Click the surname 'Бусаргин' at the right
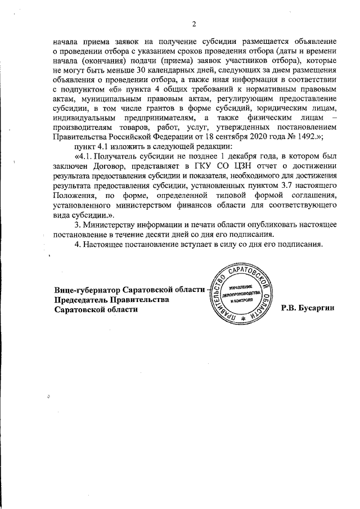[319, 310]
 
